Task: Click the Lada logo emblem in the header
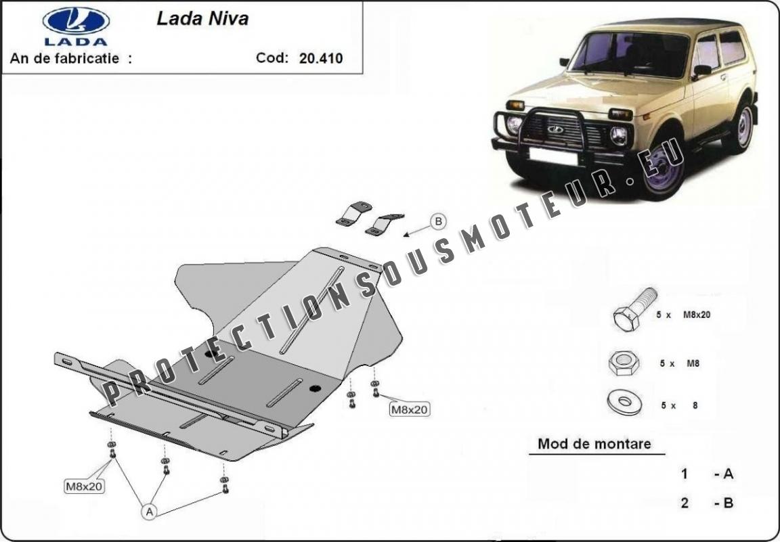[76, 22]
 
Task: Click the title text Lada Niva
[202, 19]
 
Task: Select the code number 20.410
[320, 58]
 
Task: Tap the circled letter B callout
[438, 221]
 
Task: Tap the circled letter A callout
[150, 512]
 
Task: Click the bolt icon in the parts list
[634, 310]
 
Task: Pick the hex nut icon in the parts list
[624, 363]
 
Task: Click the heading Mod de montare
[594, 444]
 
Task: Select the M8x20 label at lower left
[83, 485]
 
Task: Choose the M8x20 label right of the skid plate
[409, 409]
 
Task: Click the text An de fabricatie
[70, 58]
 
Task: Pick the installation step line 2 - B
[707, 503]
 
